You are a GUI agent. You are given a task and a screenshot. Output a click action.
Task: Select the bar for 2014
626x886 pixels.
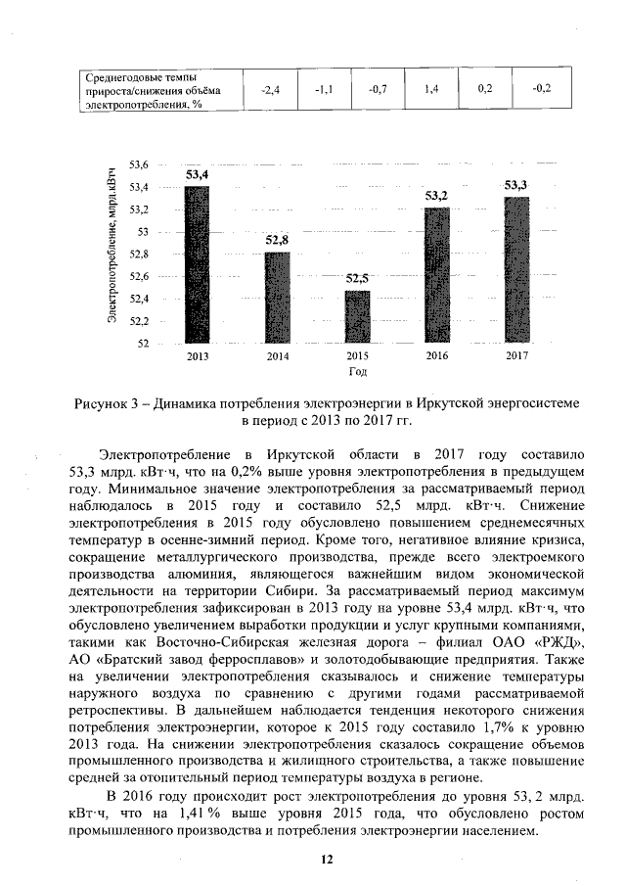pyautogui.click(x=277, y=298)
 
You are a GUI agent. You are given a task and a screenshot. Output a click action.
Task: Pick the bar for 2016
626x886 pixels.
pyautogui.click(x=436, y=275)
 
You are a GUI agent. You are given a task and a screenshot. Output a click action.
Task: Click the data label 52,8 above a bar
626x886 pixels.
pyautogui.click(x=277, y=240)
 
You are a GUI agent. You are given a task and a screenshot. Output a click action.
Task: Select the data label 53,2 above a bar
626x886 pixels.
pyautogui.click(x=436, y=196)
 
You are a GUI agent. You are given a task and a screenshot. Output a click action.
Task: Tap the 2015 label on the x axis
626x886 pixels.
pyautogui.click(x=357, y=357)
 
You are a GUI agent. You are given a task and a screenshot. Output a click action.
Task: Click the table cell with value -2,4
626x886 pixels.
pyautogui.click(x=271, y=90)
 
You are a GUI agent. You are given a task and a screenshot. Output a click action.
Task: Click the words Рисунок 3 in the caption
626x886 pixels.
pyautogui.click(x=110, y=403)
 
